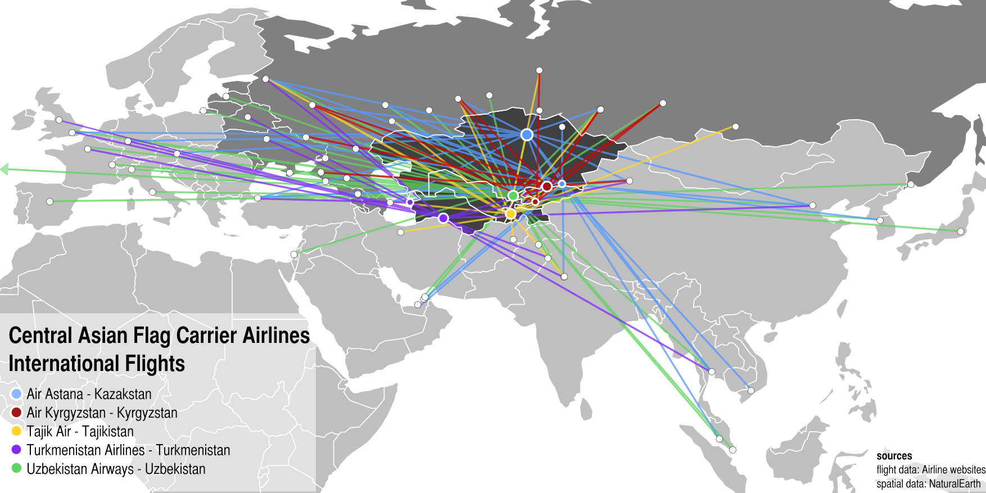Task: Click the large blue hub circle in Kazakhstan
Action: tap(527, 135)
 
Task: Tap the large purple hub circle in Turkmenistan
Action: tap(444, 218)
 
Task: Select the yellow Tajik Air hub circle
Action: tap(510, 214)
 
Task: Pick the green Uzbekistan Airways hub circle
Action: tap(513, 196)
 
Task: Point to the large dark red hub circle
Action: tap(546, 186)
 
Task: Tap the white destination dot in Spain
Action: tap(50, 201)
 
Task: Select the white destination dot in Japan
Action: tap(961, 232)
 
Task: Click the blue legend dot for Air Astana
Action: tap(16, 394)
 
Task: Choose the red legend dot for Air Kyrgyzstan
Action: tap(16, 413)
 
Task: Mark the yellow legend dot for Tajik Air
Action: tap(16, 431)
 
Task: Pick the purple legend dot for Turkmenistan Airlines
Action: tap(16, 450)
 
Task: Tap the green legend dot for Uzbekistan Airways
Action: tap(16, 468)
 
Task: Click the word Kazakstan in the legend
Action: tap(123, 394)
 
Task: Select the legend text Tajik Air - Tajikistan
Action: tap(80, 432)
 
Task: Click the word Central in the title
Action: tap(40, 336)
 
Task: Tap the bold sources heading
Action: tap(894, 456)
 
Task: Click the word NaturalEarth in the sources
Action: tap(955, 483)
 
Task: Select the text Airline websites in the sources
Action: tap(953, 470)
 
